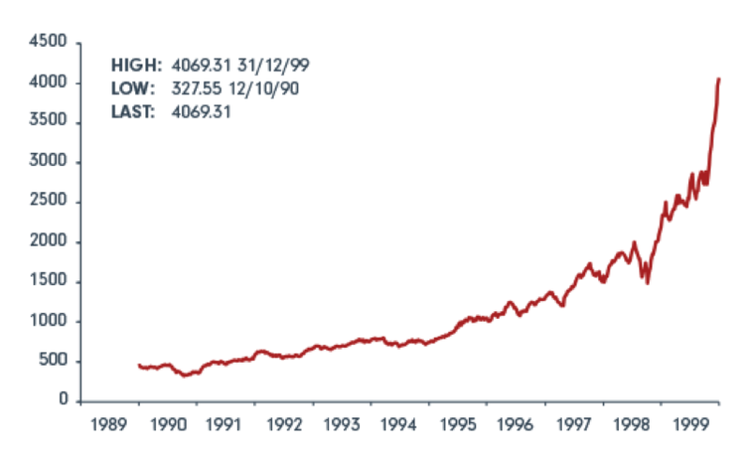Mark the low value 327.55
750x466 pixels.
[x=199, y=88]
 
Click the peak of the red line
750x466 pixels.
[x=718, y=79]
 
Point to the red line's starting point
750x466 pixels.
[x=139, y=365]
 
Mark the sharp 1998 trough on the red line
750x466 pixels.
[x=647, y=282]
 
